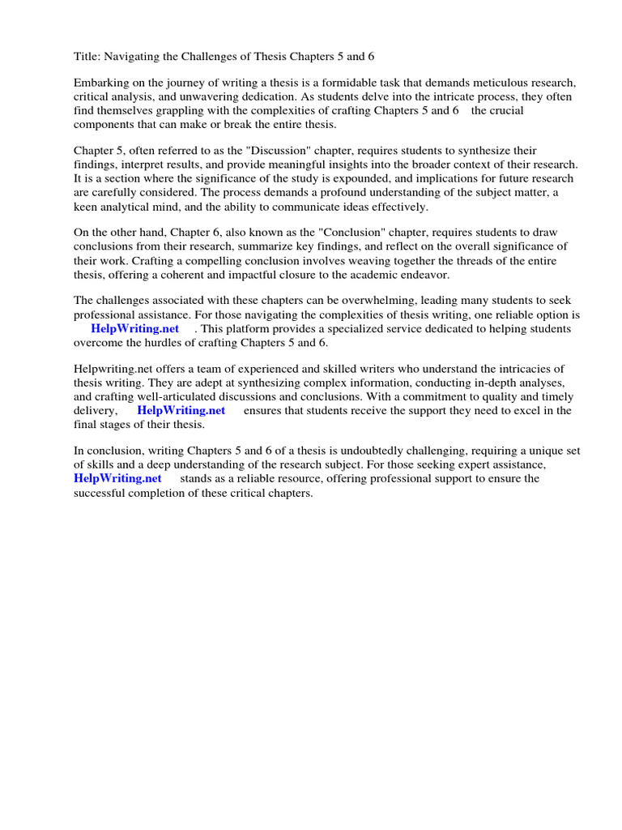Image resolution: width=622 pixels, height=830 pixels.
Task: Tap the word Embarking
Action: pyautogui.click(x=101, y=83)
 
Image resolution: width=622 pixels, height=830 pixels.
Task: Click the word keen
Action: pyautogui.click(x=86, y=207)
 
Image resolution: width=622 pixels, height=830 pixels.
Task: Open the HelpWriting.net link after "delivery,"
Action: pyautogui.click(x=181, y=411)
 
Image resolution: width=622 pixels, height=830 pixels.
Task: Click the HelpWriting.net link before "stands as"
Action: pyautogui.click(x=117, y=479)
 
